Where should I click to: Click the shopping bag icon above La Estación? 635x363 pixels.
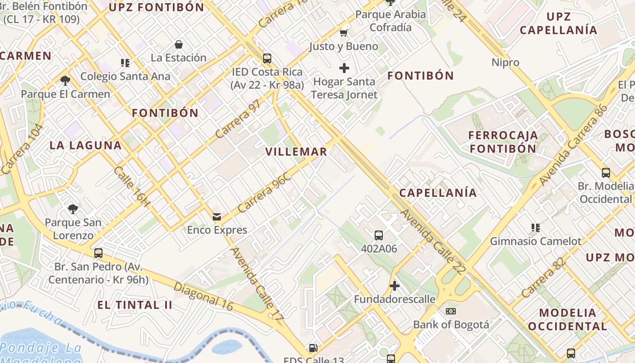(179, 44)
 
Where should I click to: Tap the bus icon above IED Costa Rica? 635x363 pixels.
(267, 59)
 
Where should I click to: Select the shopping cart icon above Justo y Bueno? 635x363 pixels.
(344, 33)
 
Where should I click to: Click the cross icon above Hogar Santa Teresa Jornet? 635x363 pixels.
(344, 69)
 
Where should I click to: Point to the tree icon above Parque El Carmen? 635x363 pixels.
(65, 81)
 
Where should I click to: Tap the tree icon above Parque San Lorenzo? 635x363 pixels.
(73, 209)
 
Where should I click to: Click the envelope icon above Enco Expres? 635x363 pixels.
(217, 217)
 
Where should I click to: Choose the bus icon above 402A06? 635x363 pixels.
(379, 235)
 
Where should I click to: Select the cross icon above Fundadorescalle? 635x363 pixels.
(395, 286)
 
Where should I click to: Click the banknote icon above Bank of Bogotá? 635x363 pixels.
(450, 311)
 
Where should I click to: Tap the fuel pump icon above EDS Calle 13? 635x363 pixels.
(313, 348)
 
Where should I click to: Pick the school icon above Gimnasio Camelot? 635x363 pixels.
(536, 228)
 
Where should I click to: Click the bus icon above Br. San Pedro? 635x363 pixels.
(98, 253)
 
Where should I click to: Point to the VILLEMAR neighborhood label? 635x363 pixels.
(296, 152)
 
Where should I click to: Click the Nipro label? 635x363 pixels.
(505, 62)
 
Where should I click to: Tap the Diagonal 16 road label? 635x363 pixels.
(203, 297)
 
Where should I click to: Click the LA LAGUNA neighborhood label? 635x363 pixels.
(85, 145)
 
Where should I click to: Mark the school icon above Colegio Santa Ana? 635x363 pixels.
(125, 63)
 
